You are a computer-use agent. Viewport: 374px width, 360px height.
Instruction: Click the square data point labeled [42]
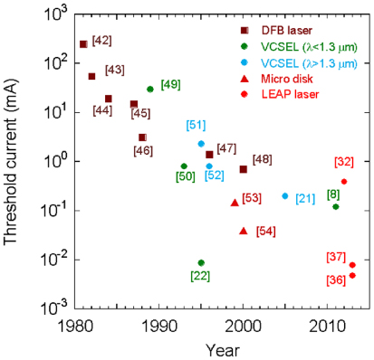(x=83, y=44)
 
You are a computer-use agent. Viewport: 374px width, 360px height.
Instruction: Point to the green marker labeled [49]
(x=150, y=89)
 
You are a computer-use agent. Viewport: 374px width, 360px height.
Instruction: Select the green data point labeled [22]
(x=201, y=262)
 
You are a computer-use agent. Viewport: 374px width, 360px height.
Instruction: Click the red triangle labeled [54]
(x=243, y=231)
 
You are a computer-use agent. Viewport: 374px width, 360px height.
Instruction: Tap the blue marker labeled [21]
(x=285, y=195)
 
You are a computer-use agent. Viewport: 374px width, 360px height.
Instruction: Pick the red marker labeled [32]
(x=344, y=181)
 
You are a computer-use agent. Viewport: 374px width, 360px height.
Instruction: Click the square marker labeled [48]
(x=243, y=169)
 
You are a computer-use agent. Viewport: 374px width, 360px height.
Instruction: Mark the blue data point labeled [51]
(x=201, y=144)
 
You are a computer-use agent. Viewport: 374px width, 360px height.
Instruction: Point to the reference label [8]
(x=333, y=194)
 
